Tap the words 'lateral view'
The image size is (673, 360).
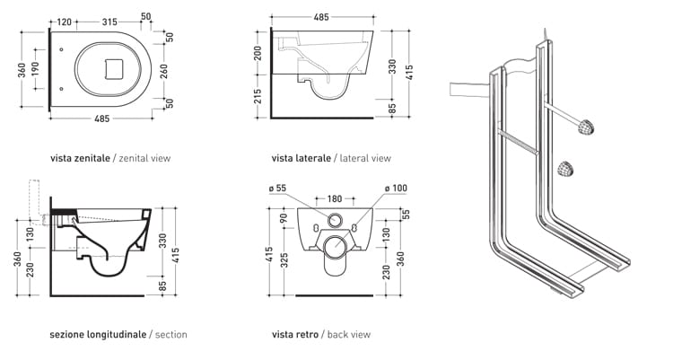(365, 158)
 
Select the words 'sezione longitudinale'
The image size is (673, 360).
(98, 335)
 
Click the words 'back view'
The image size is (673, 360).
(349, 335)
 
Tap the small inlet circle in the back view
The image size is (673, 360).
(336, 221)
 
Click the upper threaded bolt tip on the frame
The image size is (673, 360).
(586, 127)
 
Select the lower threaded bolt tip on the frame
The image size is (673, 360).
(565, 167)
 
